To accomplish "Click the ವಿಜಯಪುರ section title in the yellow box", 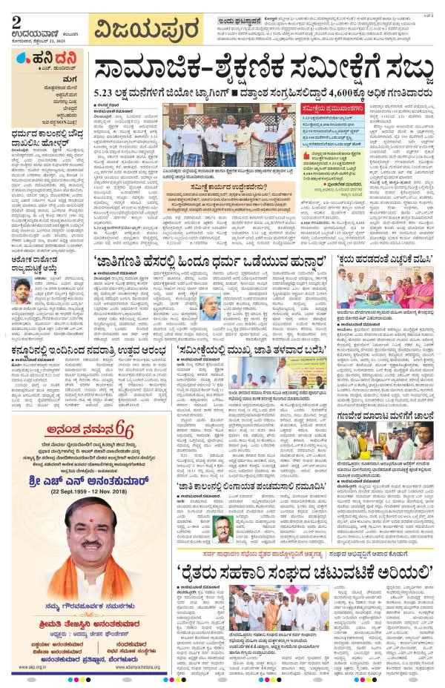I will (x=146, y=32).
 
